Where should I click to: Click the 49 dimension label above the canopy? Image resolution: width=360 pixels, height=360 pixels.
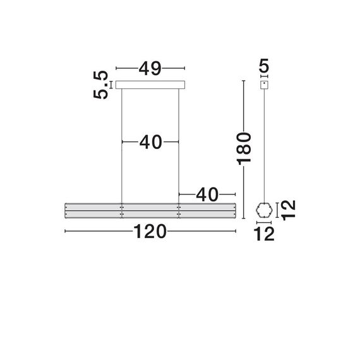tap(150, 68)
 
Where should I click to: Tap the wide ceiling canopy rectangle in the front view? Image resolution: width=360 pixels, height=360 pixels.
tap(150, 84)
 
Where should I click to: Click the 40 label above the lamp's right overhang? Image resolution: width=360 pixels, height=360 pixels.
tap(207, 195)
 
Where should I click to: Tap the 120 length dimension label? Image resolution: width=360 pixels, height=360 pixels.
tap(150, 232)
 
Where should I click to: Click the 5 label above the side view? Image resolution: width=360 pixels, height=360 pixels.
tap(264, 65)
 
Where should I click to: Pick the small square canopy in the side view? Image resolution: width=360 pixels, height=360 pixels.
tap(264, 84)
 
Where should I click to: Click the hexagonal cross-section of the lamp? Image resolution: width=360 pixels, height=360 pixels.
tap(264, 210)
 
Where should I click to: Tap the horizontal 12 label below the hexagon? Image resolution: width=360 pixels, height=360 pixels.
tap(265, 234)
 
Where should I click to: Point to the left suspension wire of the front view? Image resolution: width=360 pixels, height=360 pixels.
tap(122, 145)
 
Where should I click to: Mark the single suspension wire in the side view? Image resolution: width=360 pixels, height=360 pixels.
tap(264, 145)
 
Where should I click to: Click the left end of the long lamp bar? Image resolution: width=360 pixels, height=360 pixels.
tap(67, 211)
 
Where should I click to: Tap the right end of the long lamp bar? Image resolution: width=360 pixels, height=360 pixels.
tap(233, 211)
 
